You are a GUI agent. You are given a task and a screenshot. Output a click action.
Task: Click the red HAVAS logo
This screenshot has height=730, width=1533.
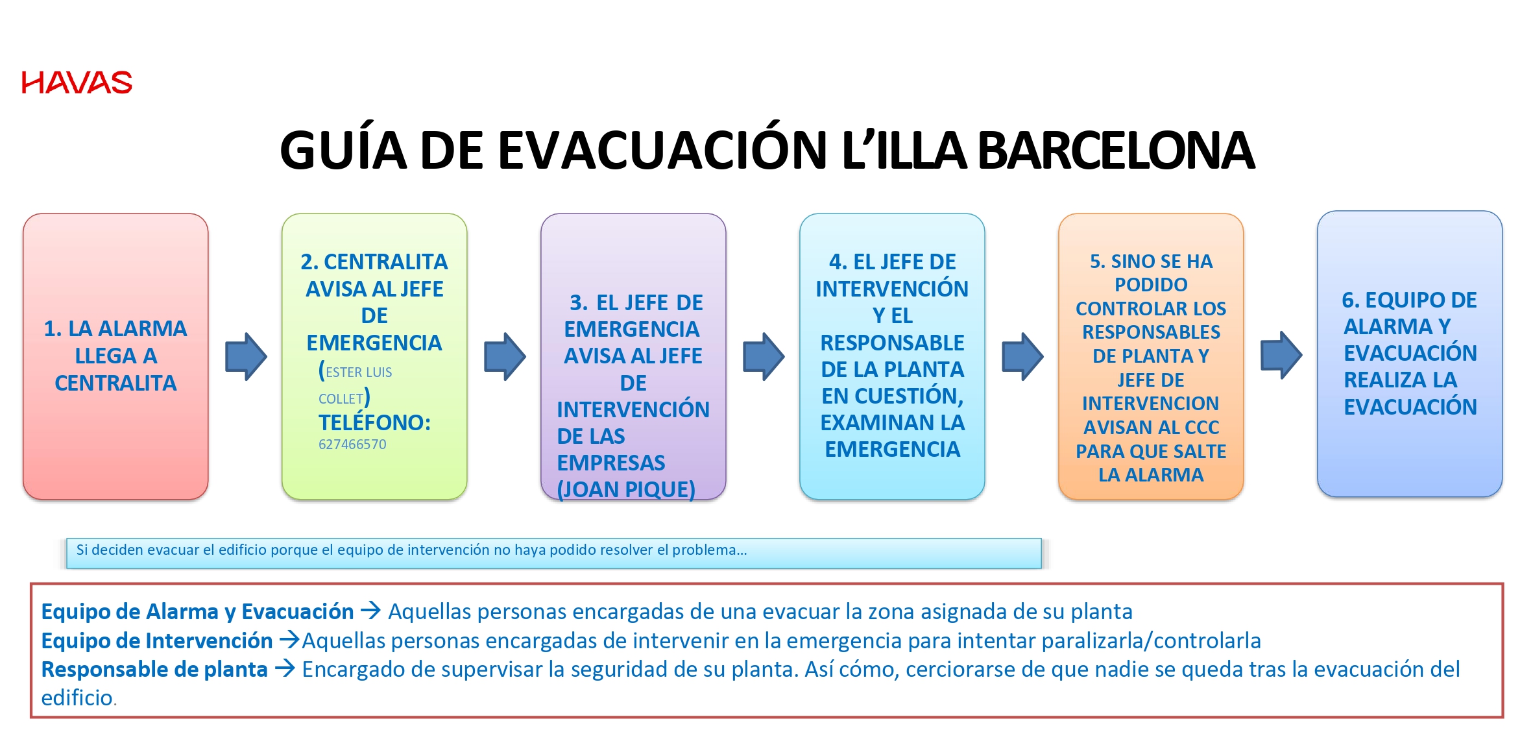coord(77,82)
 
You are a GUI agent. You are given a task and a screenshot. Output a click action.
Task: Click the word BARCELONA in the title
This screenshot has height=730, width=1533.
coord(1116,151)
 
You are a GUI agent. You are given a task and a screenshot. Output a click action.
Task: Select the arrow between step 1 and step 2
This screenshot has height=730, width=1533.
coord(246,356)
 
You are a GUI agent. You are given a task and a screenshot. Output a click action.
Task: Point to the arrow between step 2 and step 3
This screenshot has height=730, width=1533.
coord(505,356)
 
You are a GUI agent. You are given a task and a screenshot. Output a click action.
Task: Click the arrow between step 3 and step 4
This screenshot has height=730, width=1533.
coord(764,356)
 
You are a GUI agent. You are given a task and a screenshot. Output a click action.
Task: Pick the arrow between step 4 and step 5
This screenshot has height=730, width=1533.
coord(1022,356)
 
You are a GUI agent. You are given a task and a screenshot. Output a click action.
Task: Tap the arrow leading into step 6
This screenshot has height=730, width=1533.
coord(1281,355)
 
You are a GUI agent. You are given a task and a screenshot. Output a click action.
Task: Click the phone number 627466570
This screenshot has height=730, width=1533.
coord(352,444)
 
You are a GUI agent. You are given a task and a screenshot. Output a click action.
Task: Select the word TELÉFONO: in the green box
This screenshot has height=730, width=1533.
coord(374,422)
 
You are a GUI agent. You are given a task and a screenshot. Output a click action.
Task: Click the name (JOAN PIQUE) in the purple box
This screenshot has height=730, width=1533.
coord(626,489)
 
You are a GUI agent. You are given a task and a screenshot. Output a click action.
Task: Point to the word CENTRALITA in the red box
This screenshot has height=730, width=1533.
coord(115,383)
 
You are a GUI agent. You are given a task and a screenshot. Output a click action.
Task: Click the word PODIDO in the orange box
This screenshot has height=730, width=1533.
coord(1151,285)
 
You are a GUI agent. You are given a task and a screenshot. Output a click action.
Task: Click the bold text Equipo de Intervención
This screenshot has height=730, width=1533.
coord(157,640)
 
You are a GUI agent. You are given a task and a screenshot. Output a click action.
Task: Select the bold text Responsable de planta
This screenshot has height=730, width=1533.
coord(154,669)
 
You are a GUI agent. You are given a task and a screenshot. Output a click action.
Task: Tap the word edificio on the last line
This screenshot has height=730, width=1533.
coord(77,698)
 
